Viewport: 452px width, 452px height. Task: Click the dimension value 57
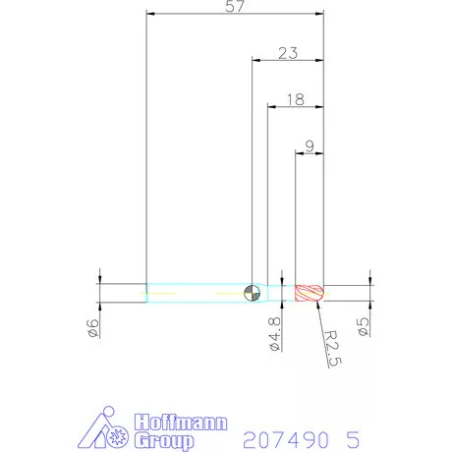coord(235,6)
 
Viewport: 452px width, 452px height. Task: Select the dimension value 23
coord(288,53)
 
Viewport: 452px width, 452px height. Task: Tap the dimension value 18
coord(296,99)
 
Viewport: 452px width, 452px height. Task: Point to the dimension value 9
coord(310,146)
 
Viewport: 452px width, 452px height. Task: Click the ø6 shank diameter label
coord(92,328)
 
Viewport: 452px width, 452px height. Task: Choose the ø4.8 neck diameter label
coord(275,334)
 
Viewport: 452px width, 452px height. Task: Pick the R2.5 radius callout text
coord(333,348)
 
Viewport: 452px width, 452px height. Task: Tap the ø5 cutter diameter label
coord(363,327)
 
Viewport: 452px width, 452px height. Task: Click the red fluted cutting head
coord(310,293)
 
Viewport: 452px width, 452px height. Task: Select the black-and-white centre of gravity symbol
coord(253,293)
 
